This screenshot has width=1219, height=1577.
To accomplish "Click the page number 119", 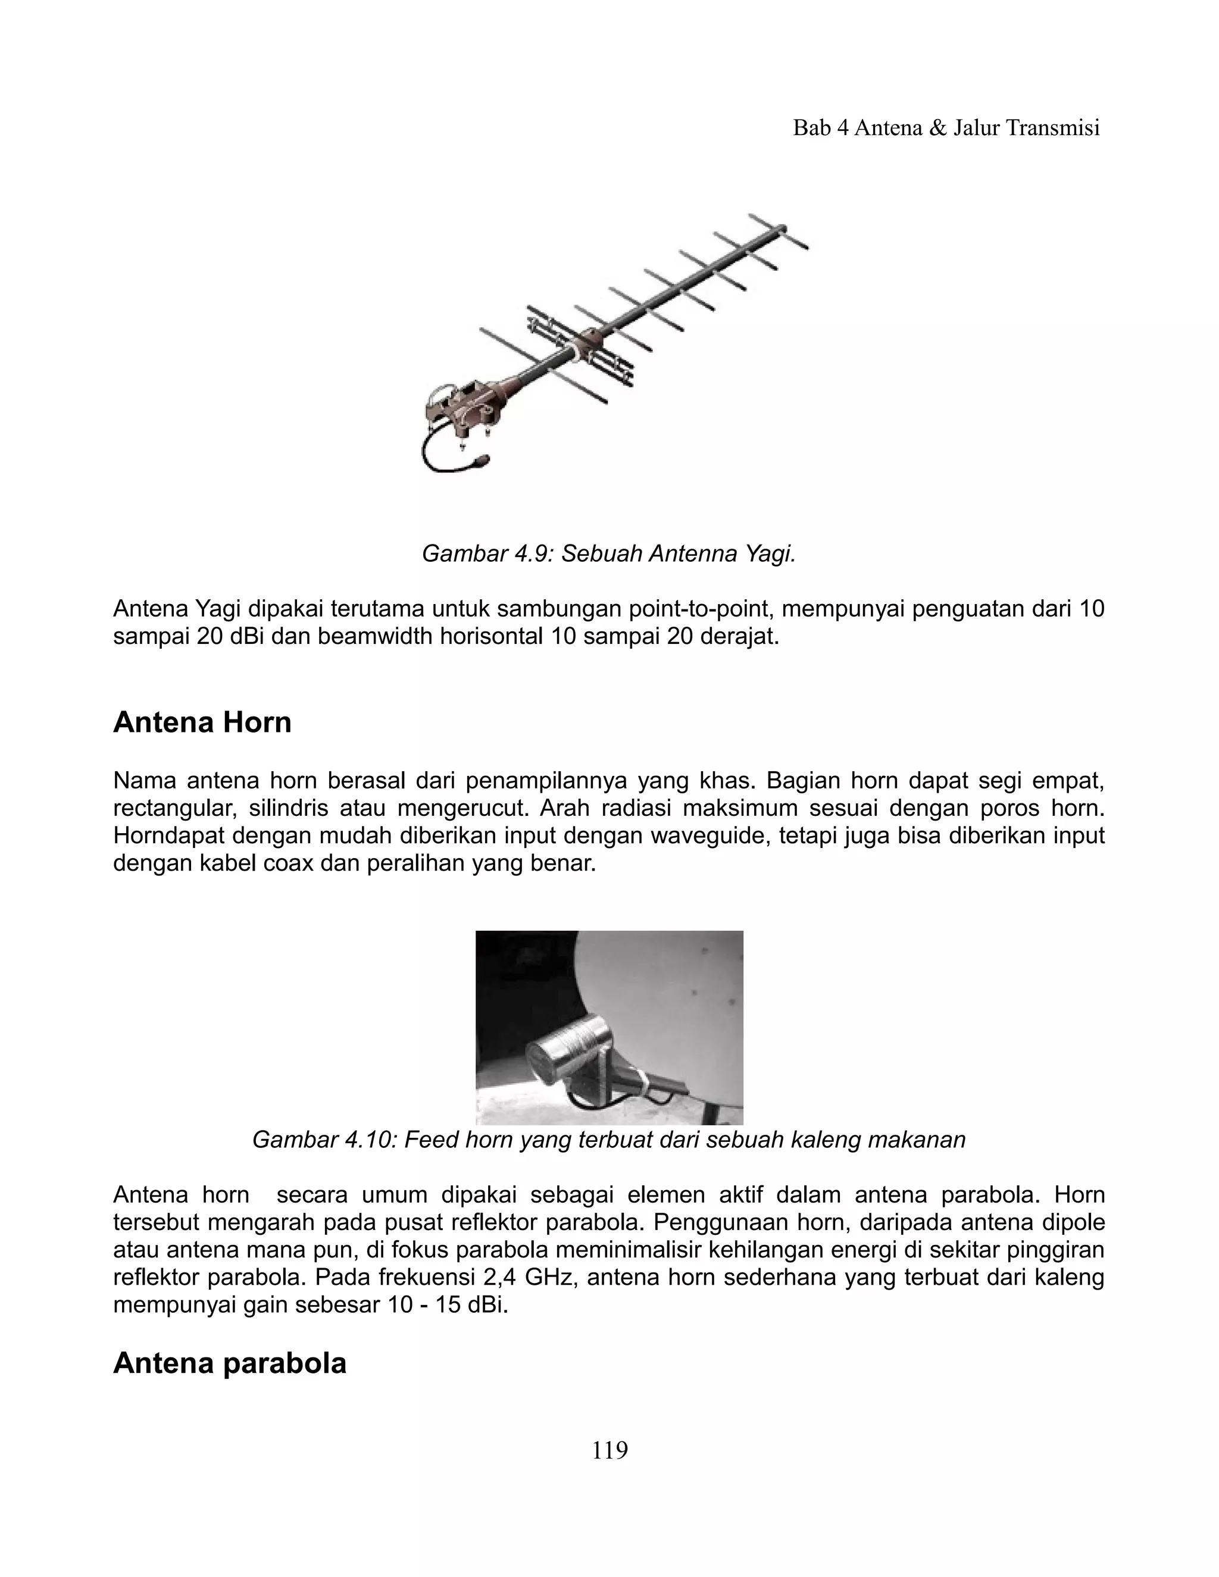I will (x=609, y=1450).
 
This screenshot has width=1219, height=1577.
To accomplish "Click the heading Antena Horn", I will (x=202, y=723).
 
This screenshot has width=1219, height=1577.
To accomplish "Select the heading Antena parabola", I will (x=230, y=1363).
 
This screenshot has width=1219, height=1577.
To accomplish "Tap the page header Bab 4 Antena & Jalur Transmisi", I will (x=946, y=128).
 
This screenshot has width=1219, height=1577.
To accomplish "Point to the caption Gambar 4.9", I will (x=609, y=554).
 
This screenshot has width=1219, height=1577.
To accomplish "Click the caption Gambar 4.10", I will (x=609, y=1140).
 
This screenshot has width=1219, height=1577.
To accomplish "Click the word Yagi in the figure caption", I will (x=771, y=554).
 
